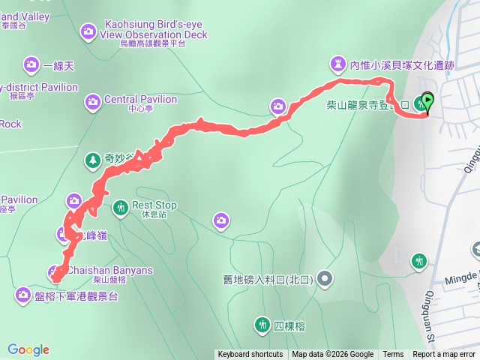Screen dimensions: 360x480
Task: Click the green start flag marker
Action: point(427,100)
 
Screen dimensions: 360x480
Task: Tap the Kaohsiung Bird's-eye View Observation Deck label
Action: point(153,29)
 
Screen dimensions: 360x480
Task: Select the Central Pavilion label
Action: point(140,100)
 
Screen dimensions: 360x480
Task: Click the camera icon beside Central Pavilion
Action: point(93,100)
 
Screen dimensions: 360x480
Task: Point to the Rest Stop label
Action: point(154,205)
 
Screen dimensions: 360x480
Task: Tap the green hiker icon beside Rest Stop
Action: point(121,207)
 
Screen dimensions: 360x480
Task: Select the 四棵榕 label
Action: point(289,325)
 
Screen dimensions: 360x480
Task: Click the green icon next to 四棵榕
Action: point(262,325)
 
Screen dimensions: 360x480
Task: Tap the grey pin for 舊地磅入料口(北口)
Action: point(325,279)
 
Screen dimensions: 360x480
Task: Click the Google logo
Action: point(28,349)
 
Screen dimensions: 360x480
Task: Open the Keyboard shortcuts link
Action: point(250,355)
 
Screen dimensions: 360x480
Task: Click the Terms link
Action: point(393,355)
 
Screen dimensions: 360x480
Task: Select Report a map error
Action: point(444,355)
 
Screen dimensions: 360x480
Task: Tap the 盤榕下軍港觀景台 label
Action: point(76,296)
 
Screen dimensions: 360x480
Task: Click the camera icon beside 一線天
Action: point(31,65)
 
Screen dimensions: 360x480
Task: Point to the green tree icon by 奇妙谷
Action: point(93,159)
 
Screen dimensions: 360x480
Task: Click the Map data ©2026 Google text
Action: point(332,355)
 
